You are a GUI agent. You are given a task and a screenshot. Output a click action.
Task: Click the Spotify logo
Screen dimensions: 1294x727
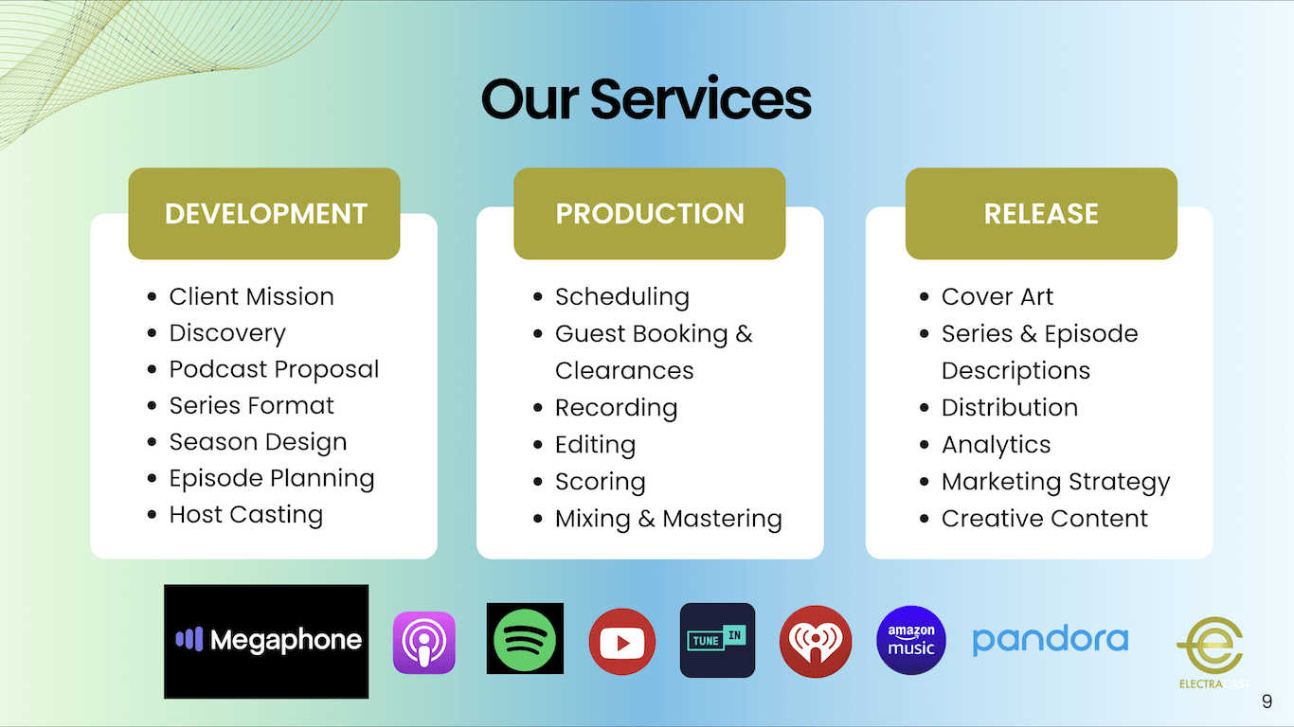pos(525,638)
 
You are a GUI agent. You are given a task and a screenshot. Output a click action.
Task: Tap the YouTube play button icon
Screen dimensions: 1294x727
pos(622,642)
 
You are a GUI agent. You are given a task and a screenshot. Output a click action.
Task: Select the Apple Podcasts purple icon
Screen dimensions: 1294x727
pos(424,642)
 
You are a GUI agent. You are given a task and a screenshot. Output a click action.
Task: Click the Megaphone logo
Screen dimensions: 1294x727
pos(266,641)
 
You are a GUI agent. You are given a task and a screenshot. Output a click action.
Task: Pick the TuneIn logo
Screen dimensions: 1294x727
pos(717,640)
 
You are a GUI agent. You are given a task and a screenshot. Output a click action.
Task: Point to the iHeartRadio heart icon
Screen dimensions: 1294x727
pos(815,641)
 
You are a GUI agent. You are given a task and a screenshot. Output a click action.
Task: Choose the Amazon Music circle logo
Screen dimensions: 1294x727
pos(911,640)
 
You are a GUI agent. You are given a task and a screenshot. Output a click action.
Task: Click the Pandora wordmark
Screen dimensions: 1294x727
pos(1051,640)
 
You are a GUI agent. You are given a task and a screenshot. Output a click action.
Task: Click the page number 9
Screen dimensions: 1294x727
pos(1267,701)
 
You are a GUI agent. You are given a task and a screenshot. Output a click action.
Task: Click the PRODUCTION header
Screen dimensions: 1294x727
pos(650,214)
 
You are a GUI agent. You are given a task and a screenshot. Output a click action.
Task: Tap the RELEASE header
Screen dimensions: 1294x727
pos(1042,214)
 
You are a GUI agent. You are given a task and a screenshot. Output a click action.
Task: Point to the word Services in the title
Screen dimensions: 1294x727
pos(700,99)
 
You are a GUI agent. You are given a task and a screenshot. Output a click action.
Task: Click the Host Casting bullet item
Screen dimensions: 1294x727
pos(246,515)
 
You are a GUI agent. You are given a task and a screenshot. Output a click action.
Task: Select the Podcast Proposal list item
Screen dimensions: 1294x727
pos(275,369)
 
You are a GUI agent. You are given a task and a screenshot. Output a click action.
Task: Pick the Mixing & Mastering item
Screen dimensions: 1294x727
pos(669,519)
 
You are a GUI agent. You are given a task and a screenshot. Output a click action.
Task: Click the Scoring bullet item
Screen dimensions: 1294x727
pos(601,482)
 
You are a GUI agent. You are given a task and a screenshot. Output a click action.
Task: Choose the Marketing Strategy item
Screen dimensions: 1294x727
pos(1056,482)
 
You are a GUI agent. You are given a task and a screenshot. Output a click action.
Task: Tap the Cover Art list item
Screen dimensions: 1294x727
pos(997,297)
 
